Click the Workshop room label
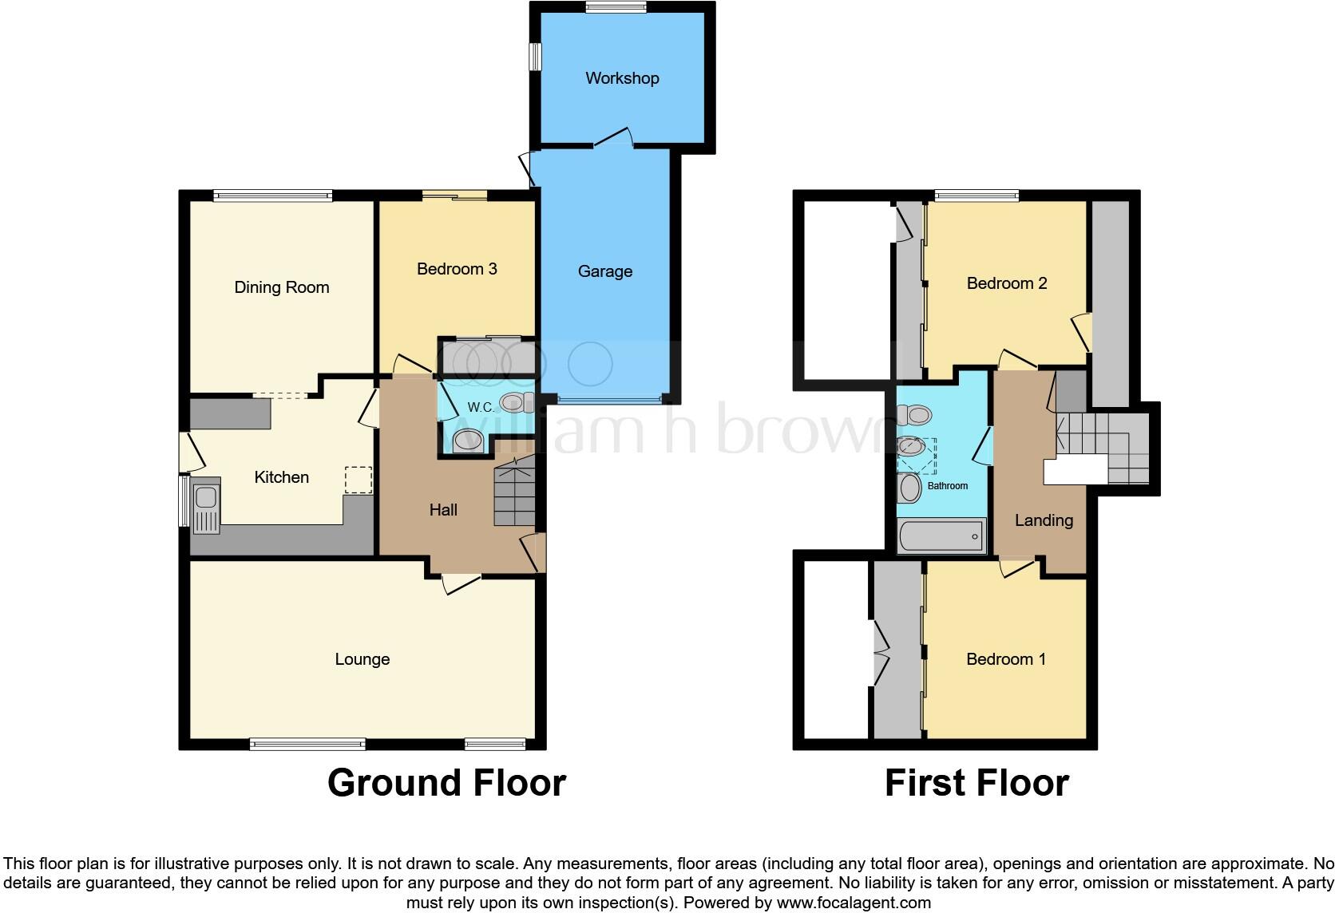622,78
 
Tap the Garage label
604,271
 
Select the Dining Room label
281,287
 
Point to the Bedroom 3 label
457,269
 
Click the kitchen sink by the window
206,505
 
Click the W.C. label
481,407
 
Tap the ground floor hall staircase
514,495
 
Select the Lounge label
362,659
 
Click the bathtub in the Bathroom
942,536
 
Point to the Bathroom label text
948,486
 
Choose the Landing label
1044,520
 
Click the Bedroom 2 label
1006,283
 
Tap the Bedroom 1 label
1005,659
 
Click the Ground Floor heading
446,783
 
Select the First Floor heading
976,783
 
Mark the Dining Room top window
272,195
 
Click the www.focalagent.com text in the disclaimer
854,903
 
